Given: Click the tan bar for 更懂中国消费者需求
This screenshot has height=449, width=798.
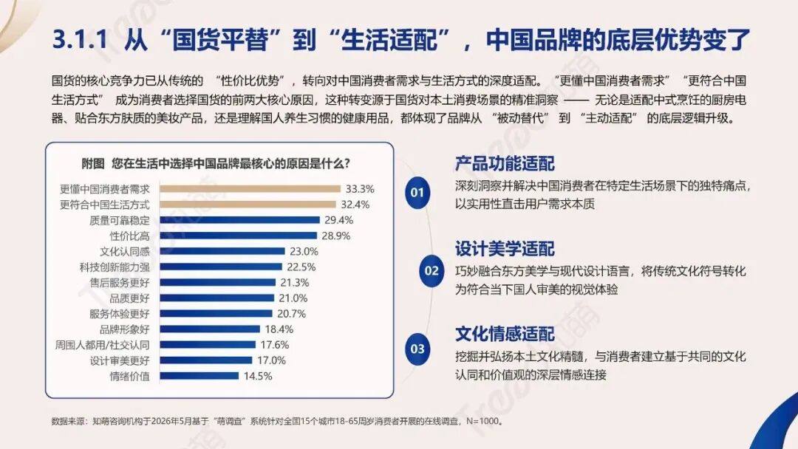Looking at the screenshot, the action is point(250,188).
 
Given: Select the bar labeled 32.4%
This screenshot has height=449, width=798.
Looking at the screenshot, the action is point(248,205).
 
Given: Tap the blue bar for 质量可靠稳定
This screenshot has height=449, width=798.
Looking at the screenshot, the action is point(239,220).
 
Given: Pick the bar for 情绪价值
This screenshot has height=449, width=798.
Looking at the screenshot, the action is point(199,377).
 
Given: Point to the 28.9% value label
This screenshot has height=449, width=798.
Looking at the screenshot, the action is point(336,236).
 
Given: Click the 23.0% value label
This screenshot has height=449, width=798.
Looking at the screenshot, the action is point(304,251).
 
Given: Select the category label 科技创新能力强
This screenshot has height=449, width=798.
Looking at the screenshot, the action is point(115,267).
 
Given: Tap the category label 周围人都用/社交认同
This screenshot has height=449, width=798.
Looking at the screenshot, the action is point(102,345).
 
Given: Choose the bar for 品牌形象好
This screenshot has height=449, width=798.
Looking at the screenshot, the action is point(210,329).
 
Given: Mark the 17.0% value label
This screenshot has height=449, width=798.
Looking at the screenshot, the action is point(271,360).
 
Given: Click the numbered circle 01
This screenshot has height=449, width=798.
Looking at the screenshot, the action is point(417,193).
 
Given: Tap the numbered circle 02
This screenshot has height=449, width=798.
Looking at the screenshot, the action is point(432,270).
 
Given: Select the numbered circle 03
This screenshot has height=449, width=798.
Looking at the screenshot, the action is point(417,349).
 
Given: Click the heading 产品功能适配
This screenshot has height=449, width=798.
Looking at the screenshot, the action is point(505,164).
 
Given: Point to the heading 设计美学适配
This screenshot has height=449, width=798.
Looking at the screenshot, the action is point(505,249).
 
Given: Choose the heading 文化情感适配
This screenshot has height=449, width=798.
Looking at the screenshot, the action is point(505,334).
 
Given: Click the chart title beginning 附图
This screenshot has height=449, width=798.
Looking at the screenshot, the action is point(216,164).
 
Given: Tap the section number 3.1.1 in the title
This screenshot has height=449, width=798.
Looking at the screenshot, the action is point(81,39).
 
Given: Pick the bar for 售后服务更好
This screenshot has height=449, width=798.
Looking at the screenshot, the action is point(217,283).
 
